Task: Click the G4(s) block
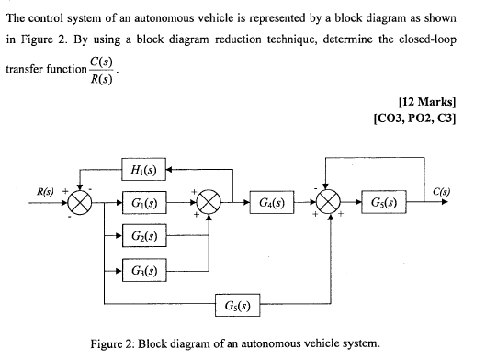pos(271,201)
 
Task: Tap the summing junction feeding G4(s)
pos(209,201)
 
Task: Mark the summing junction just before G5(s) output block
pos(328,201)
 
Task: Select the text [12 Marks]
pos(429,103)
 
